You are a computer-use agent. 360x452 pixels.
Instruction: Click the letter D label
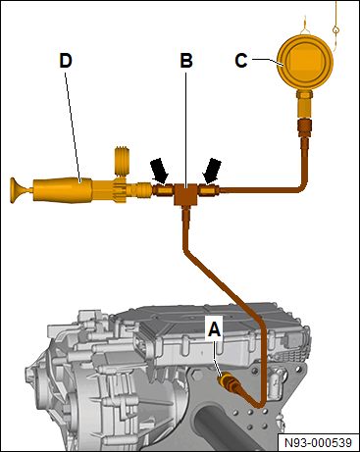[x=66, y=61]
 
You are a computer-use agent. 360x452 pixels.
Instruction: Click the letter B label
[x=186, y=61]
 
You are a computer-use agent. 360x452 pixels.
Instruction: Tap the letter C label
[x=241, y=61]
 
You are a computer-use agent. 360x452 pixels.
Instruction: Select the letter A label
[x=215, y=329]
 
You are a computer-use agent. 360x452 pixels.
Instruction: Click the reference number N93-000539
[x=318, y=443]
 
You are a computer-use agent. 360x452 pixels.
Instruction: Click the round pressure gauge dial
[x=305, y=62]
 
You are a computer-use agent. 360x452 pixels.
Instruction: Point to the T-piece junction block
[x=184, y=195]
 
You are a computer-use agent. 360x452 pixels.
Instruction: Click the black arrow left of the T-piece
[x=161, y=171]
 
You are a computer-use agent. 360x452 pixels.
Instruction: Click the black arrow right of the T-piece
[x=212, y=171]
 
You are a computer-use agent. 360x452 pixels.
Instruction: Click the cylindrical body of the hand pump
[x=62, y=190]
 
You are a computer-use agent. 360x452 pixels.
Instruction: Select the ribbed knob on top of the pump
[x=123, y=161]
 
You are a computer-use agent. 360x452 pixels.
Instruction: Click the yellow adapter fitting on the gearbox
[x=227, y=382]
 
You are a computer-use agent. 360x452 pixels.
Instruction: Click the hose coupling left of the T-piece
[x=162, y=190]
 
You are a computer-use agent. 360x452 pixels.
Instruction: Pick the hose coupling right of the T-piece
[x=208, y=190]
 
